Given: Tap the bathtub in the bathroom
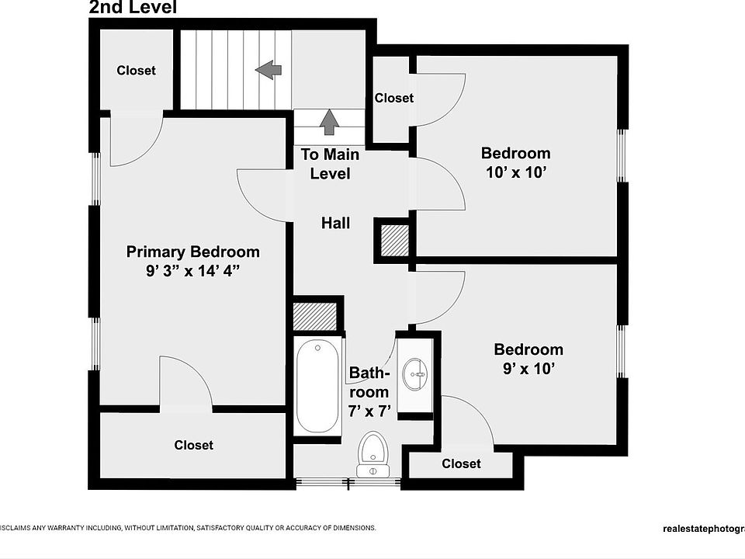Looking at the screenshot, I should [317, 387].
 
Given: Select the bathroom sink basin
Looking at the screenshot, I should [414, 375].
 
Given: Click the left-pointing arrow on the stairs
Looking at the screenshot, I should [268, 70].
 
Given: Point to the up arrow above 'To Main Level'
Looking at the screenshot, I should [330, 121].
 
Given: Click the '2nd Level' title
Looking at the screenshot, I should [133, 8].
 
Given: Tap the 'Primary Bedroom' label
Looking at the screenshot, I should [193, 252].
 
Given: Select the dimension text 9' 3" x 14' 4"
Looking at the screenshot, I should [193, 272].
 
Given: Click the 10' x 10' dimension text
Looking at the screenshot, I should [516, 172].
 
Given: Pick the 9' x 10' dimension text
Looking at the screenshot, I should [528, 369].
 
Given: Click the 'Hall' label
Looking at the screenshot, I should [336, 224].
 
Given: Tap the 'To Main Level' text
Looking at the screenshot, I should [330, 164].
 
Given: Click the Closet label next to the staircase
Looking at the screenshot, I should [136, 71].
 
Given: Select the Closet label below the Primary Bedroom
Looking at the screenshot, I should [193, 445].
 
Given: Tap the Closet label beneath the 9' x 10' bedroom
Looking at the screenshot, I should [461, 464].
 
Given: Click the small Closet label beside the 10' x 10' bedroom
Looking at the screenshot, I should [393, 98].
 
